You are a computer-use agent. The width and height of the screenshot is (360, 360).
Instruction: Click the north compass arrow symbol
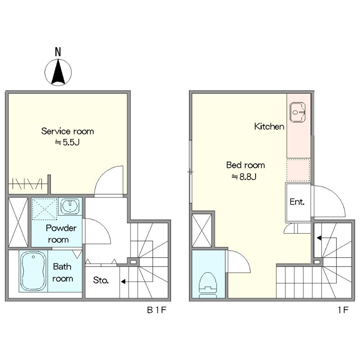pyautogui.click(x=58, y=72)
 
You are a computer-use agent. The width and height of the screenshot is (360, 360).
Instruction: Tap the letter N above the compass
pyautogui.click(x=58, y=52)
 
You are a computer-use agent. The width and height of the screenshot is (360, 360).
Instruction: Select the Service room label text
pyautogui.click(x=67, y=131)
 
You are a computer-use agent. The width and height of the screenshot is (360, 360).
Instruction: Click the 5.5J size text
pyautogui.click(x=67, y=143)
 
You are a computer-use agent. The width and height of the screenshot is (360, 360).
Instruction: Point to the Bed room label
pyautogui.click(x=245, y=165)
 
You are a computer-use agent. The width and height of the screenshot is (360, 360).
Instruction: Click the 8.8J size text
pyautogui.click(x=244, y=177)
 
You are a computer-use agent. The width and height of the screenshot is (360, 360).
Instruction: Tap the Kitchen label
pyautogui.click(x=269, y=126)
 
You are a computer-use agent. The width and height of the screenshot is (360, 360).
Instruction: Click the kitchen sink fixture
pyautogui.click(x=297, y=112)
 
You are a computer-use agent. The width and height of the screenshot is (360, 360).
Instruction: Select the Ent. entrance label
pyautogui.click(x=297, y=202)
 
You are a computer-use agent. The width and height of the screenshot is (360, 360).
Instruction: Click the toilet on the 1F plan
pyautogui.click(x=208, y=285)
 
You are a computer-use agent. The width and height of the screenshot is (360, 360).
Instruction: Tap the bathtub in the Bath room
pyautogui.click(x=33, y=271)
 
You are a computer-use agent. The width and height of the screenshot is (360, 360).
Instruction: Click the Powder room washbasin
pyautogui.click(x=70, y=206)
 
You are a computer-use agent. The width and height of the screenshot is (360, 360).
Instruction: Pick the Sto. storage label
pyautogui.click(x=101, y=280)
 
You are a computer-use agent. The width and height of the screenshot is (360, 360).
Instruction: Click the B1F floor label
pyautogui.click(x=156, y=310)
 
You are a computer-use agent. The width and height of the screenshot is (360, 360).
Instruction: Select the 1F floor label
pyautogui.click(x=343, y=310)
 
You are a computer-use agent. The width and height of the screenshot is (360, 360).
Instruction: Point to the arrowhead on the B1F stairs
pyautogui.click(x=123, y=282)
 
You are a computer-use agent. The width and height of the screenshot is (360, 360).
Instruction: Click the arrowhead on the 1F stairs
pyautogui.click(x=319, y=238)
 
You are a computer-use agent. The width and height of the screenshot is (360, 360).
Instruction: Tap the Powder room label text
pyautogui.click(x=61, y=234)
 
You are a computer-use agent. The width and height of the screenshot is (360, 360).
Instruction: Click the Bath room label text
pyautogui.click(x=63, y=273)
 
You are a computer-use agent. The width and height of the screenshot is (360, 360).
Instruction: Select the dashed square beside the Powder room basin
pyautogui.click(x=45, y=209)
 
